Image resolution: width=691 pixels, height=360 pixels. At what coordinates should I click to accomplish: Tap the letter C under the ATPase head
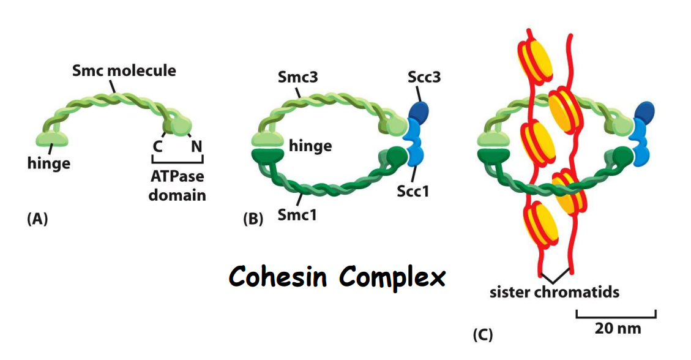(x=157, y=147)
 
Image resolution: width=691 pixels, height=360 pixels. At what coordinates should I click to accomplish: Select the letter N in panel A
(x=196, y=147)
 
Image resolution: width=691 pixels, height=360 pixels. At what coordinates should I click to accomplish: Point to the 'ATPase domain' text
(x=177, y=186)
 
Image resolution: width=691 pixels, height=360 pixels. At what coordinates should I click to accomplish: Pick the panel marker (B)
(x=253, y=219)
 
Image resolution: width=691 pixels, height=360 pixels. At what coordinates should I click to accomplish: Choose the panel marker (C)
(x=482, y=335)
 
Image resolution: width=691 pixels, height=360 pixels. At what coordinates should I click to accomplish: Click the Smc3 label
(x=296, y=78)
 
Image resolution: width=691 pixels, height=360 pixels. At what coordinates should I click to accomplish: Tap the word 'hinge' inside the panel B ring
(x=311, y=146)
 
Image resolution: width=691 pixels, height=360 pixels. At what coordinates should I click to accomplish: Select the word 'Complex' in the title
(x=392, y=279)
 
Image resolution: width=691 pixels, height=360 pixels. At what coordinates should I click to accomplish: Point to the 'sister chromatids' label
(x=554, y=292)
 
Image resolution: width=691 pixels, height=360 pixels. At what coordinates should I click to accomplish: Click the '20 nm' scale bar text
(x=617, y=328)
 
